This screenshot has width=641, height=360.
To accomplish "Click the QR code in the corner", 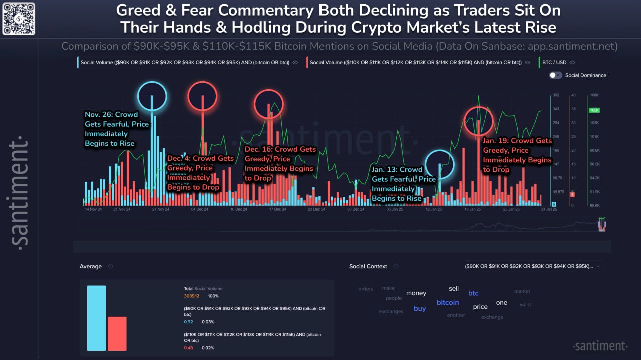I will [19, 19].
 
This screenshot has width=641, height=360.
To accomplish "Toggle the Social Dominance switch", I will [555, 75].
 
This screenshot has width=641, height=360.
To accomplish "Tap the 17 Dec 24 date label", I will [277, 209].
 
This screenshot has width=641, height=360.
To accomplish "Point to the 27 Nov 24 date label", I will [160, 209].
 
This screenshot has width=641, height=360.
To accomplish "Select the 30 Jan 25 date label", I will [548, 209].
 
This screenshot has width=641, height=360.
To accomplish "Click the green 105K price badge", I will [595, 110].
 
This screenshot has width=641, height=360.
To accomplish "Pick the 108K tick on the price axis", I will [595, 95].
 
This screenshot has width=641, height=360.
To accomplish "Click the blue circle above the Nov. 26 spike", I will [152, 96].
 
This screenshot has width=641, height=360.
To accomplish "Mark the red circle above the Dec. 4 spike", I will [202, 96].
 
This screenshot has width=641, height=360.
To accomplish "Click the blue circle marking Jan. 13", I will [440, 164].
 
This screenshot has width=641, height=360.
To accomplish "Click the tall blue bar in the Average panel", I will [96, 318].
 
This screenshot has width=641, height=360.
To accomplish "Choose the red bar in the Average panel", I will [117, 333].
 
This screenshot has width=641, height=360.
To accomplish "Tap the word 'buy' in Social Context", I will [420, 308].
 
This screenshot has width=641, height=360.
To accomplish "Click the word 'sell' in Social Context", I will [454, 289].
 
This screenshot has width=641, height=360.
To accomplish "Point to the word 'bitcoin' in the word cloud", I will [448, 302].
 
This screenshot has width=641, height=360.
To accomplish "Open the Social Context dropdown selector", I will [533, 266].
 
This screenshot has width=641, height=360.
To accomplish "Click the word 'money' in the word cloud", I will [416, 293].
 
